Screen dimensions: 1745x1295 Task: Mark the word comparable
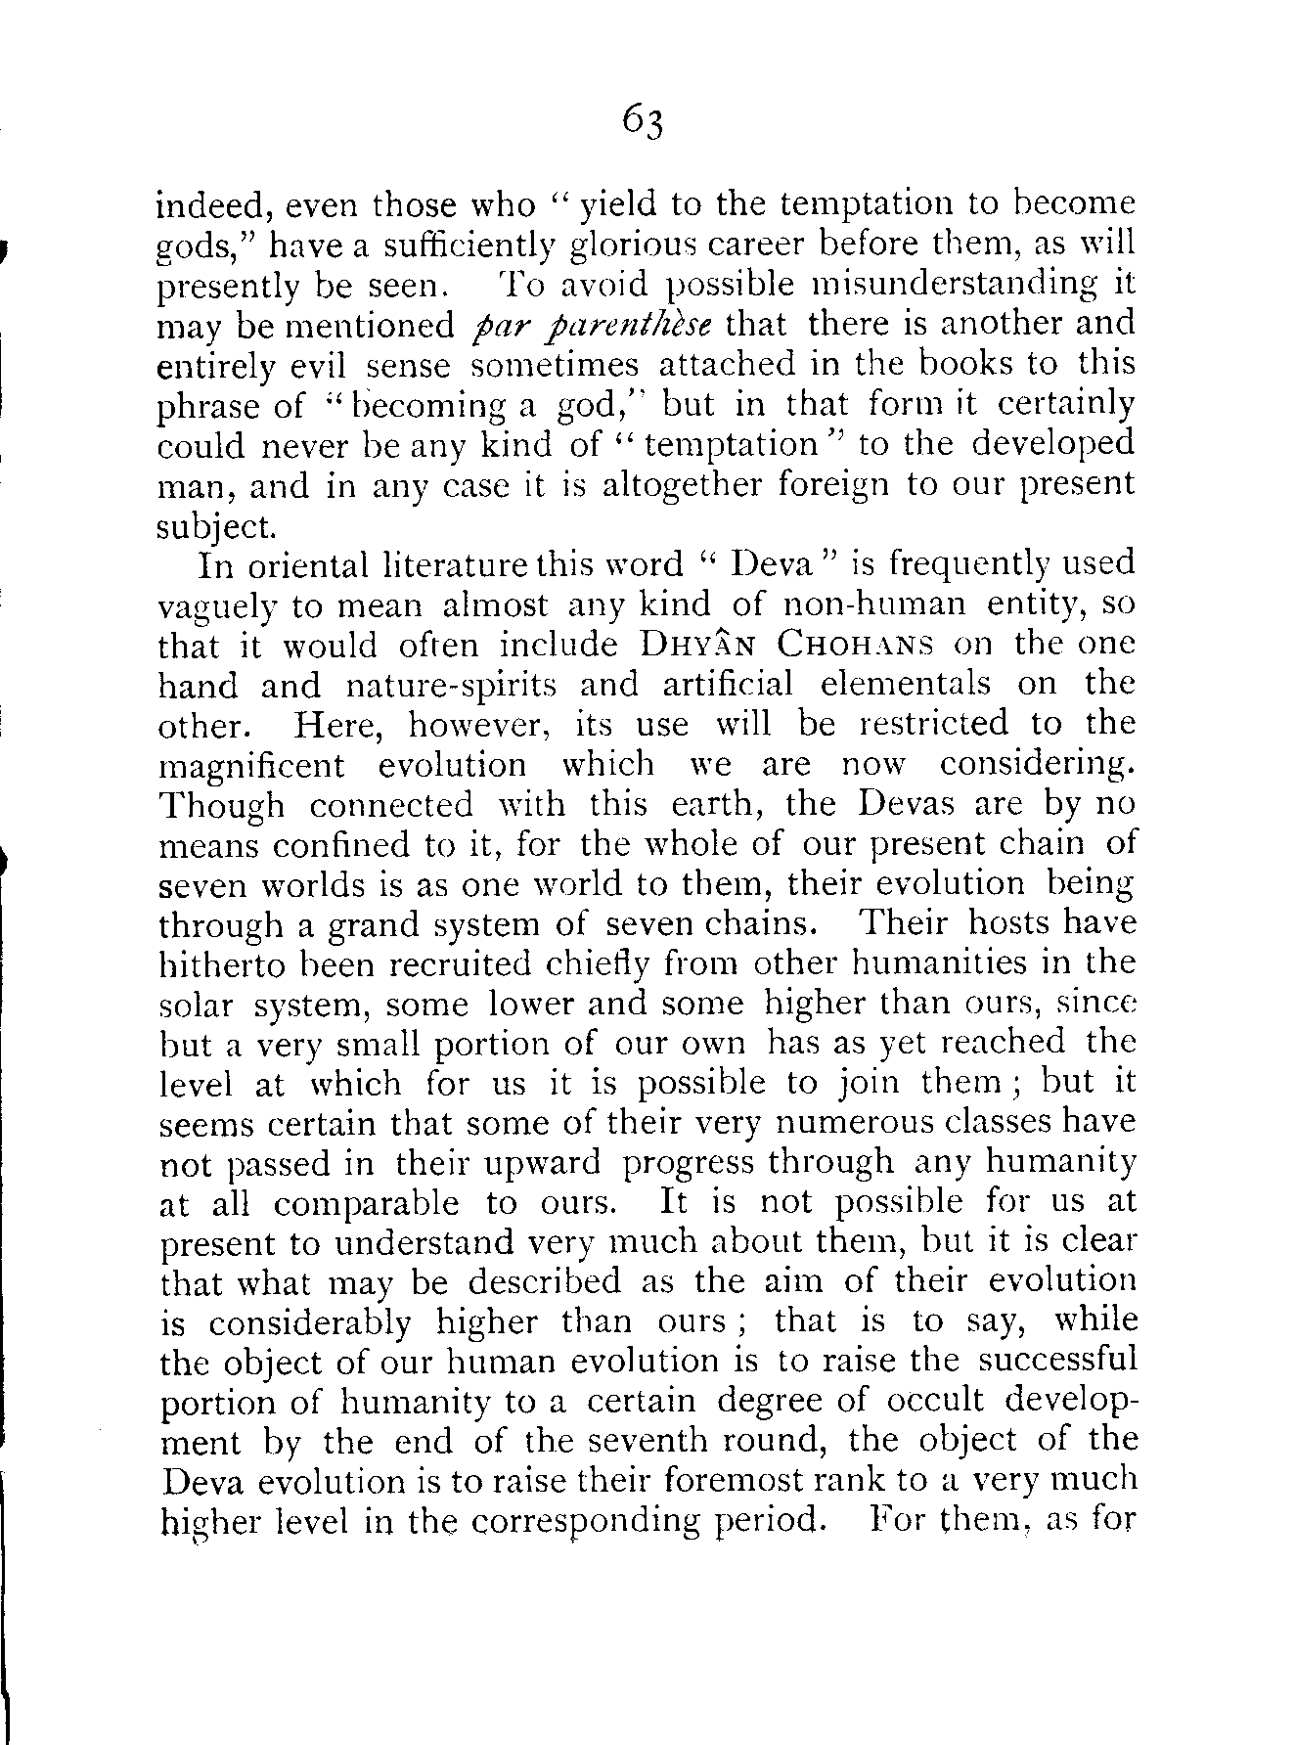(x=367, y=1203)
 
